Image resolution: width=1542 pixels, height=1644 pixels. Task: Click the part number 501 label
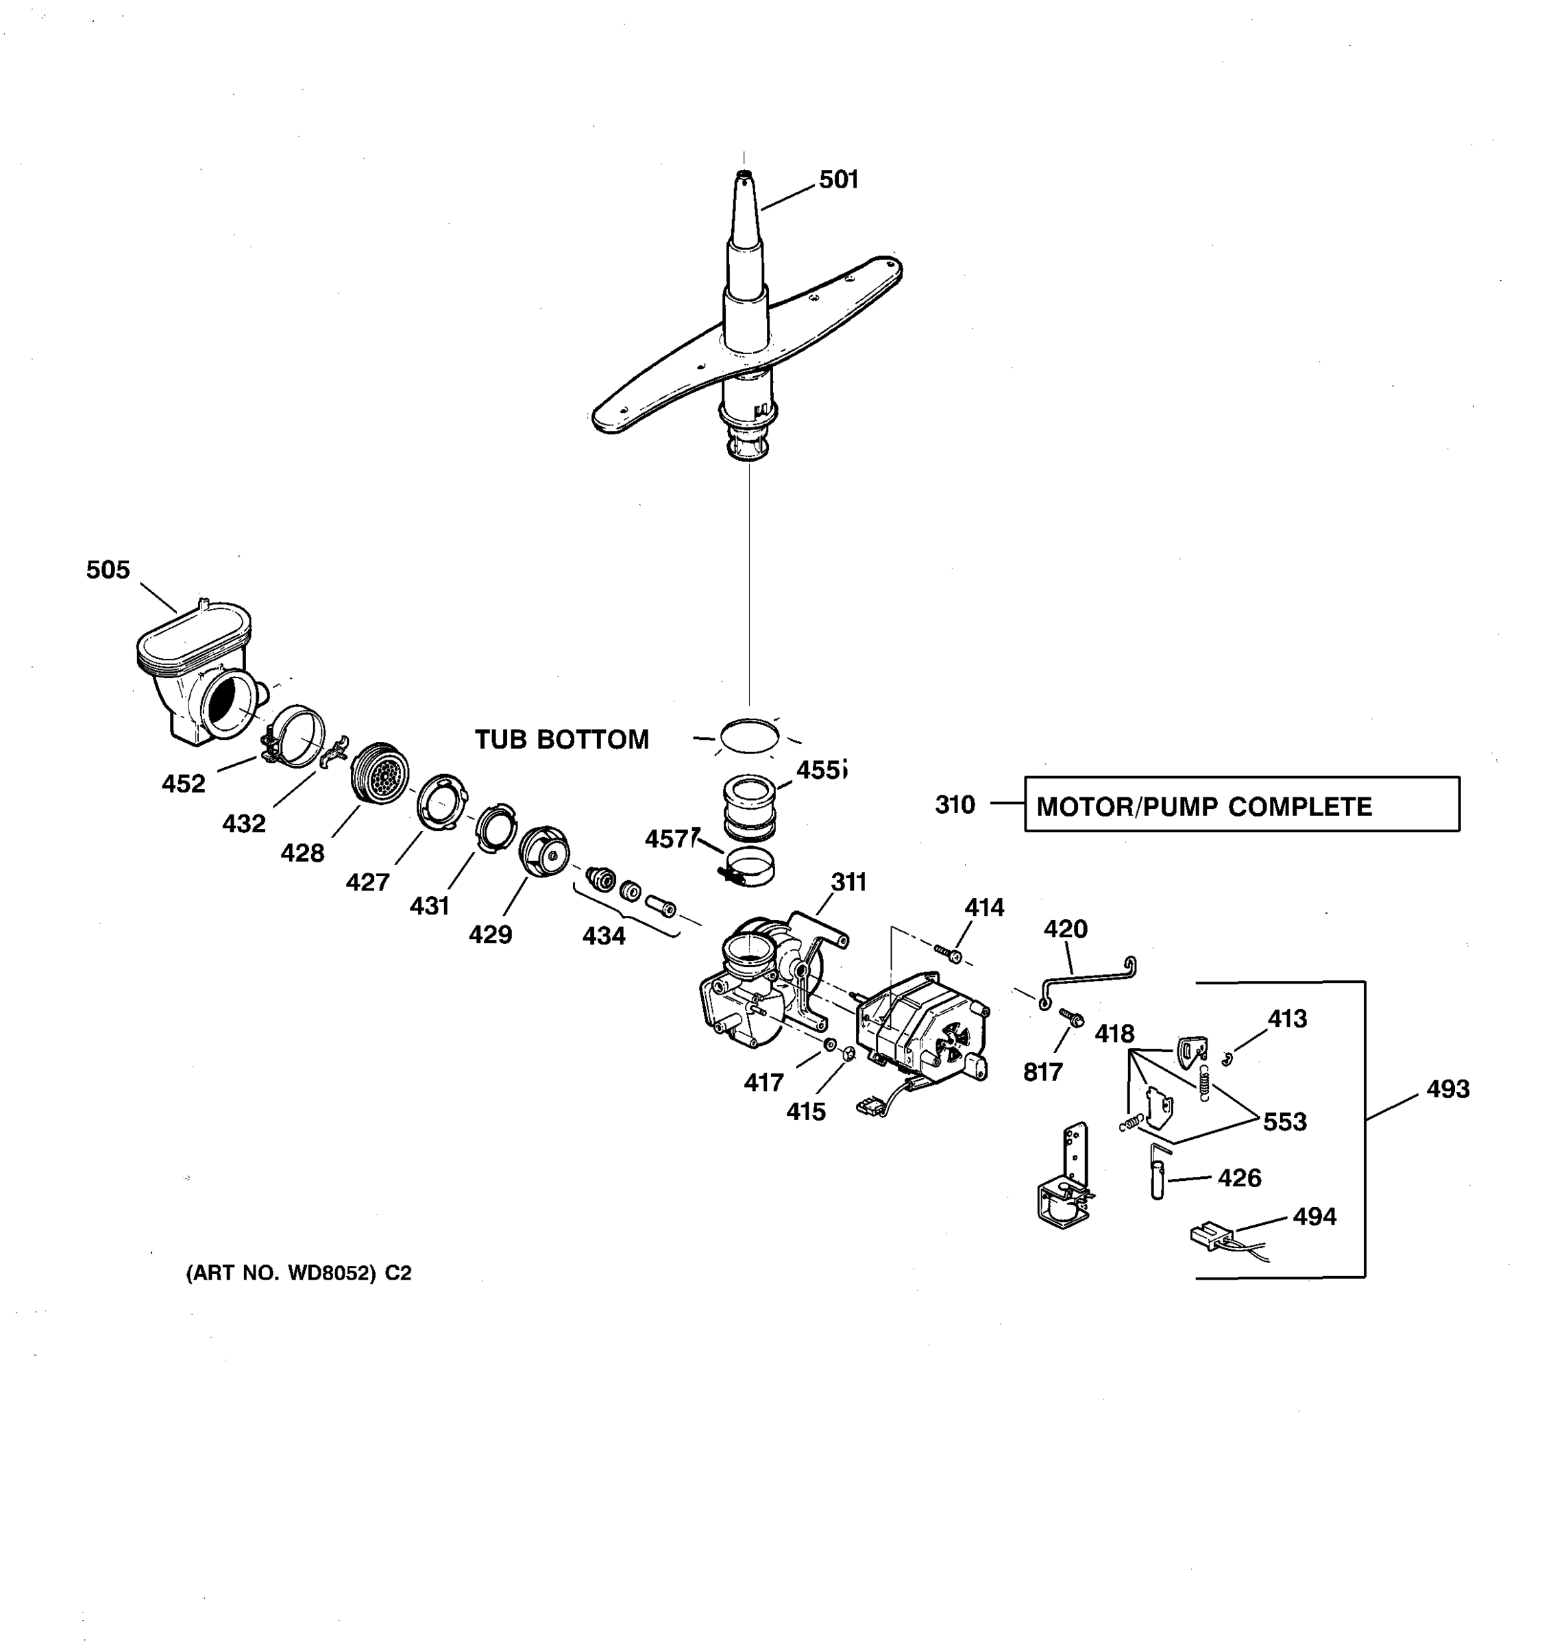(838, 179)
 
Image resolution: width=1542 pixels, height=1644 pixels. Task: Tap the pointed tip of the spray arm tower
(743, 175)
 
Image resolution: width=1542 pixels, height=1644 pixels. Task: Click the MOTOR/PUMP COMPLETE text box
(1241, 804)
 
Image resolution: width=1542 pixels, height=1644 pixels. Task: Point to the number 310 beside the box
(955, 805)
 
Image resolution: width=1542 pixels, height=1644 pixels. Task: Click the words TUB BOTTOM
(562, 739)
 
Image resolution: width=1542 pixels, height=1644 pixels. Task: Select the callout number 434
(603, 936)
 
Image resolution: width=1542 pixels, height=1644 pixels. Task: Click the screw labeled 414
(949, 954)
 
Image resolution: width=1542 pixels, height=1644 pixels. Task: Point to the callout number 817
(1042, 1073)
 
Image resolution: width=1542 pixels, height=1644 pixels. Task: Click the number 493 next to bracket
(1447, 1090)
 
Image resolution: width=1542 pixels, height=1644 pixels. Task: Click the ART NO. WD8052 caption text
(298, 1273)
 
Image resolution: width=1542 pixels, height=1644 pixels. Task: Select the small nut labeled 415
(846, 1054)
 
